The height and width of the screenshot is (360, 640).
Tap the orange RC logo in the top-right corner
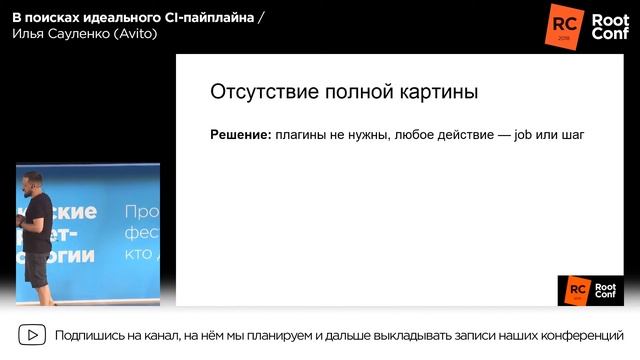click(564, 24)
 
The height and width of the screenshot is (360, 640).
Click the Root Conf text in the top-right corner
click(609, 25)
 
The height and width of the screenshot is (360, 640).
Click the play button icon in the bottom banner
click(33, 335)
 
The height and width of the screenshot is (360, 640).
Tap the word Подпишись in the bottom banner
click(91, 335)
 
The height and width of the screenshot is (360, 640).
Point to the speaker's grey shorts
click(38, 267)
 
